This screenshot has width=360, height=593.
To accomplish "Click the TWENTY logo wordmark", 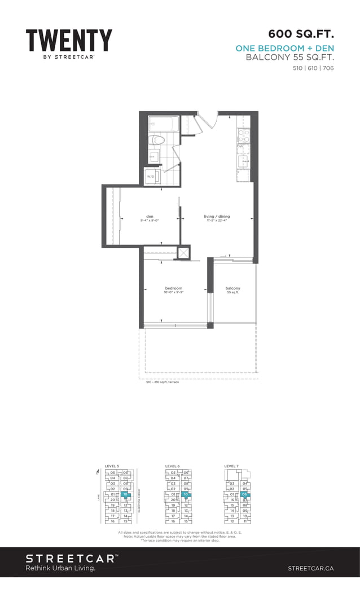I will click(69, 41).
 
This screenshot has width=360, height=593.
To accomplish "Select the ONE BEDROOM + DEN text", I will click(285, 49).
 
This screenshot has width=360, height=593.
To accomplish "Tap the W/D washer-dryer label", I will click(151, 177).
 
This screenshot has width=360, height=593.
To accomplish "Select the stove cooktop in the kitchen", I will click(243, 135).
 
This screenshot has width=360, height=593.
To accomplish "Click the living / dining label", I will click(217, 217).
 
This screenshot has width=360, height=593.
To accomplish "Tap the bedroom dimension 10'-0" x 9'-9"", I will click(173, 292).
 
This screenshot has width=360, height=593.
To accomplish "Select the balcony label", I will click(233, 288).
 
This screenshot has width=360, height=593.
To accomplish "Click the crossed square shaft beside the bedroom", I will click(184, 252).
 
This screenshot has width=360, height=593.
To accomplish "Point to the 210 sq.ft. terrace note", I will click(159, 382).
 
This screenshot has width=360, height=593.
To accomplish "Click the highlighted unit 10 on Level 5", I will click(126, 494).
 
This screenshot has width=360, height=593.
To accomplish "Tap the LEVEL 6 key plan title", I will click(172, 466).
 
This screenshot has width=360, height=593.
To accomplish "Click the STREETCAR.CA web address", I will click(310, 568).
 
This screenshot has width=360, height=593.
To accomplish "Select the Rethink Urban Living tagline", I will click(60, 568).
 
